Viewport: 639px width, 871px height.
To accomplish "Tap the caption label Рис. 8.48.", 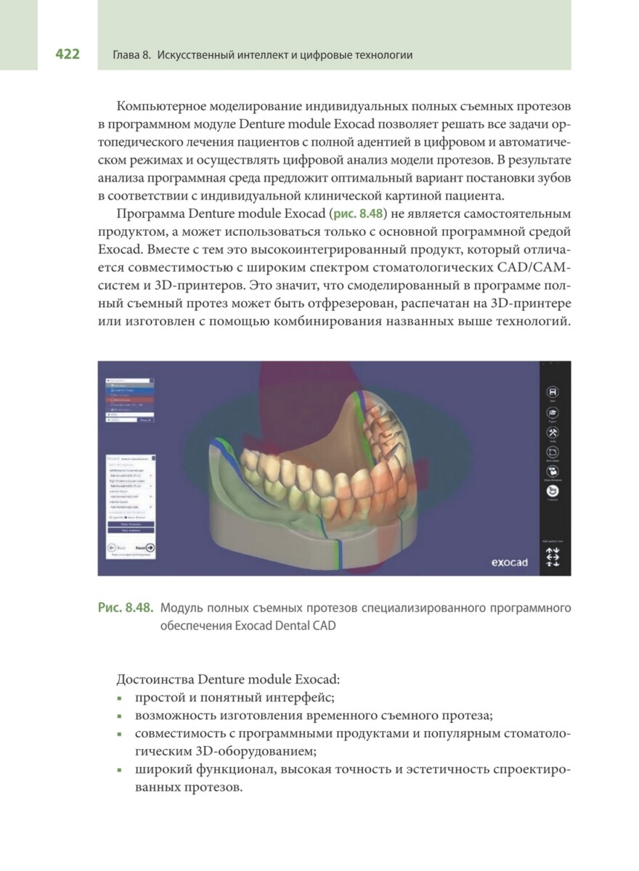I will (x=125, y=608).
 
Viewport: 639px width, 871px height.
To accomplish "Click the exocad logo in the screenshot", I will (x=509, y=561).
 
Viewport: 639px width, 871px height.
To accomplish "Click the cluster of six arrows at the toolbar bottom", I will (x=553, y=557).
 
